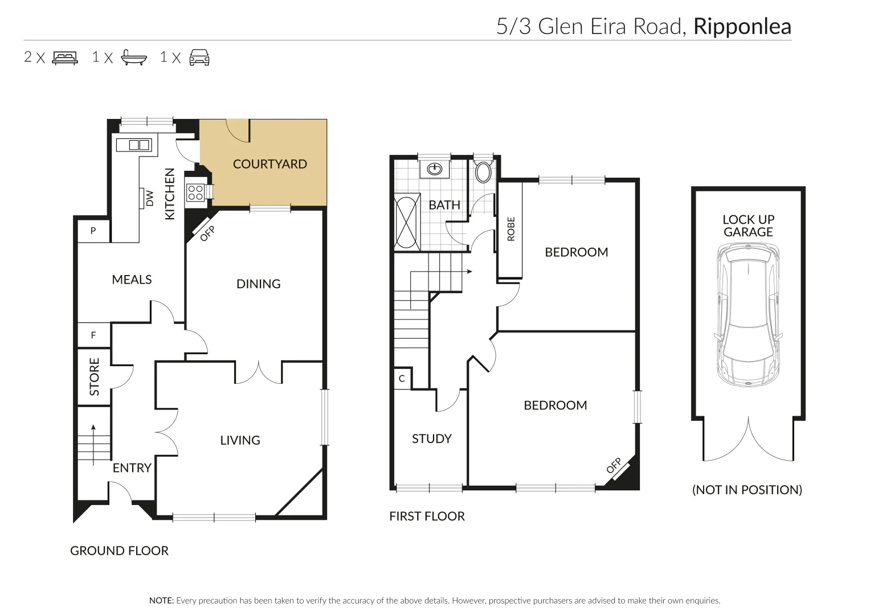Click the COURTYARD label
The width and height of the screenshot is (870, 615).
tap(269, 164)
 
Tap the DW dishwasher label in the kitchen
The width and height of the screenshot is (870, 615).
tap(150, 198)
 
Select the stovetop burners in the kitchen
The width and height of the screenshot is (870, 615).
tap(195, 192)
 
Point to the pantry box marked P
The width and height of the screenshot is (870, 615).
tap(93, 231)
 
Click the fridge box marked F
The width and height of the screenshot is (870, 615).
tap(93, 335)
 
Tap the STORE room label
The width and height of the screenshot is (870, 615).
tap(95, 376)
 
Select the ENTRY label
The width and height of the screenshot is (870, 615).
tap(132, 468)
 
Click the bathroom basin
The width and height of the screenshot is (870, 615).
tap(435, 169)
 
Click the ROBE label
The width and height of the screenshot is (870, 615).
tap(510, 229)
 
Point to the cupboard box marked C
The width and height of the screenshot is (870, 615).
tap(402, 379)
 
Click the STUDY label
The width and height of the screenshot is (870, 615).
tap(431, 439)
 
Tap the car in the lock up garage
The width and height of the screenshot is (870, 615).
tap(747, 315)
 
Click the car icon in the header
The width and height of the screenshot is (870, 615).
tap(199, 58)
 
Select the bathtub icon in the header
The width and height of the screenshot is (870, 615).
tap(133, 58)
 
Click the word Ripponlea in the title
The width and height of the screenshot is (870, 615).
tap(742, 27)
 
